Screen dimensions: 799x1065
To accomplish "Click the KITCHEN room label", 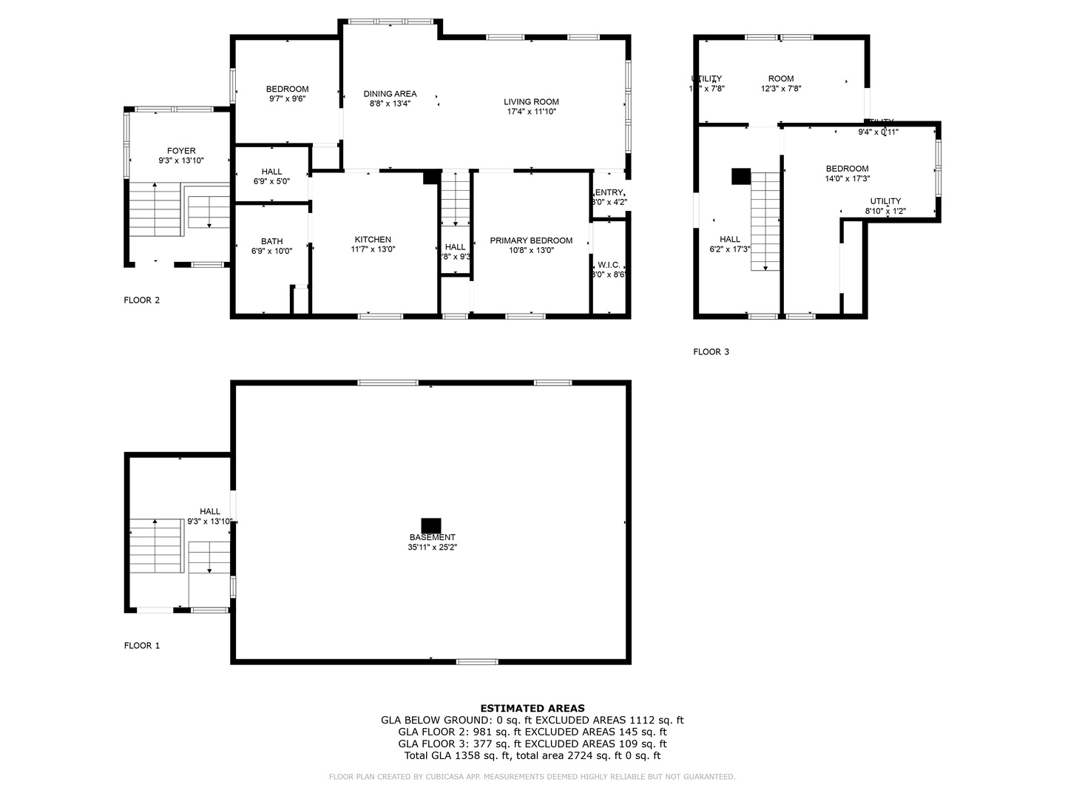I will tap(373, 240).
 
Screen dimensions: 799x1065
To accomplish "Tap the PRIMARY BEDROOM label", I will tap(531, 240).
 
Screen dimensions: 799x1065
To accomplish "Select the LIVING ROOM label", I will tap(531, 102).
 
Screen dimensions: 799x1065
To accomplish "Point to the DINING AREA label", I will tap(390, 94).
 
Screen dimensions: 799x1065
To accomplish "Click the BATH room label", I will tap(271, 241).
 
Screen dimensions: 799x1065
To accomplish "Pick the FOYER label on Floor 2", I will tap(181, 151).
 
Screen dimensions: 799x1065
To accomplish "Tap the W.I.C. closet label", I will tap(609, 265).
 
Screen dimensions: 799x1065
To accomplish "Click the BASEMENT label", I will tap(432, 537).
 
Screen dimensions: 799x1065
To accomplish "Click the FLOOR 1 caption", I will tap(142, 646).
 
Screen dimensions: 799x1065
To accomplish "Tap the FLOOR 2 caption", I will tap(142, 300).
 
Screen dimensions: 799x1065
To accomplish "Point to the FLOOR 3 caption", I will tap(711, 352).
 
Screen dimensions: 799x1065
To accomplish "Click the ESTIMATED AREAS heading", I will tap(532, 708).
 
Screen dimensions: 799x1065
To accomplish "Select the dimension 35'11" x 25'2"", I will tap(432, 548).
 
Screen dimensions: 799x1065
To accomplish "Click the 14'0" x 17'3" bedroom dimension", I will tap(847, 179).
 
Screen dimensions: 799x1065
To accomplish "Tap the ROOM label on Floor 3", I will tap(780, 78).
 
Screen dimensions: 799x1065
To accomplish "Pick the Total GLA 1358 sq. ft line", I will tap(532, 755).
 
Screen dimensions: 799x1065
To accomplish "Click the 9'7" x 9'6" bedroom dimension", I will tap(287, 100).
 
